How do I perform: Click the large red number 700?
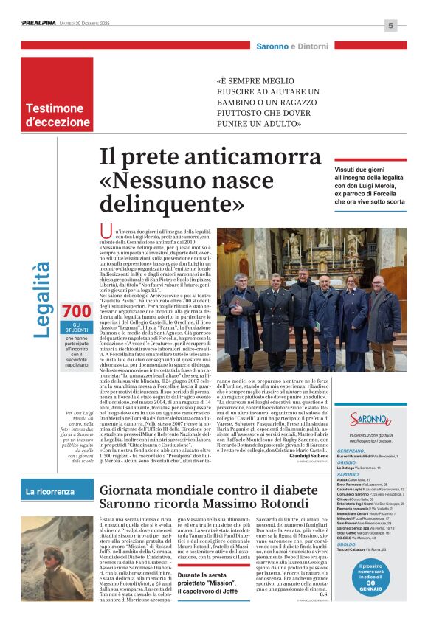77,311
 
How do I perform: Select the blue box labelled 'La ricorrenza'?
50,491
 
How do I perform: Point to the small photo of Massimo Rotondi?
64,573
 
